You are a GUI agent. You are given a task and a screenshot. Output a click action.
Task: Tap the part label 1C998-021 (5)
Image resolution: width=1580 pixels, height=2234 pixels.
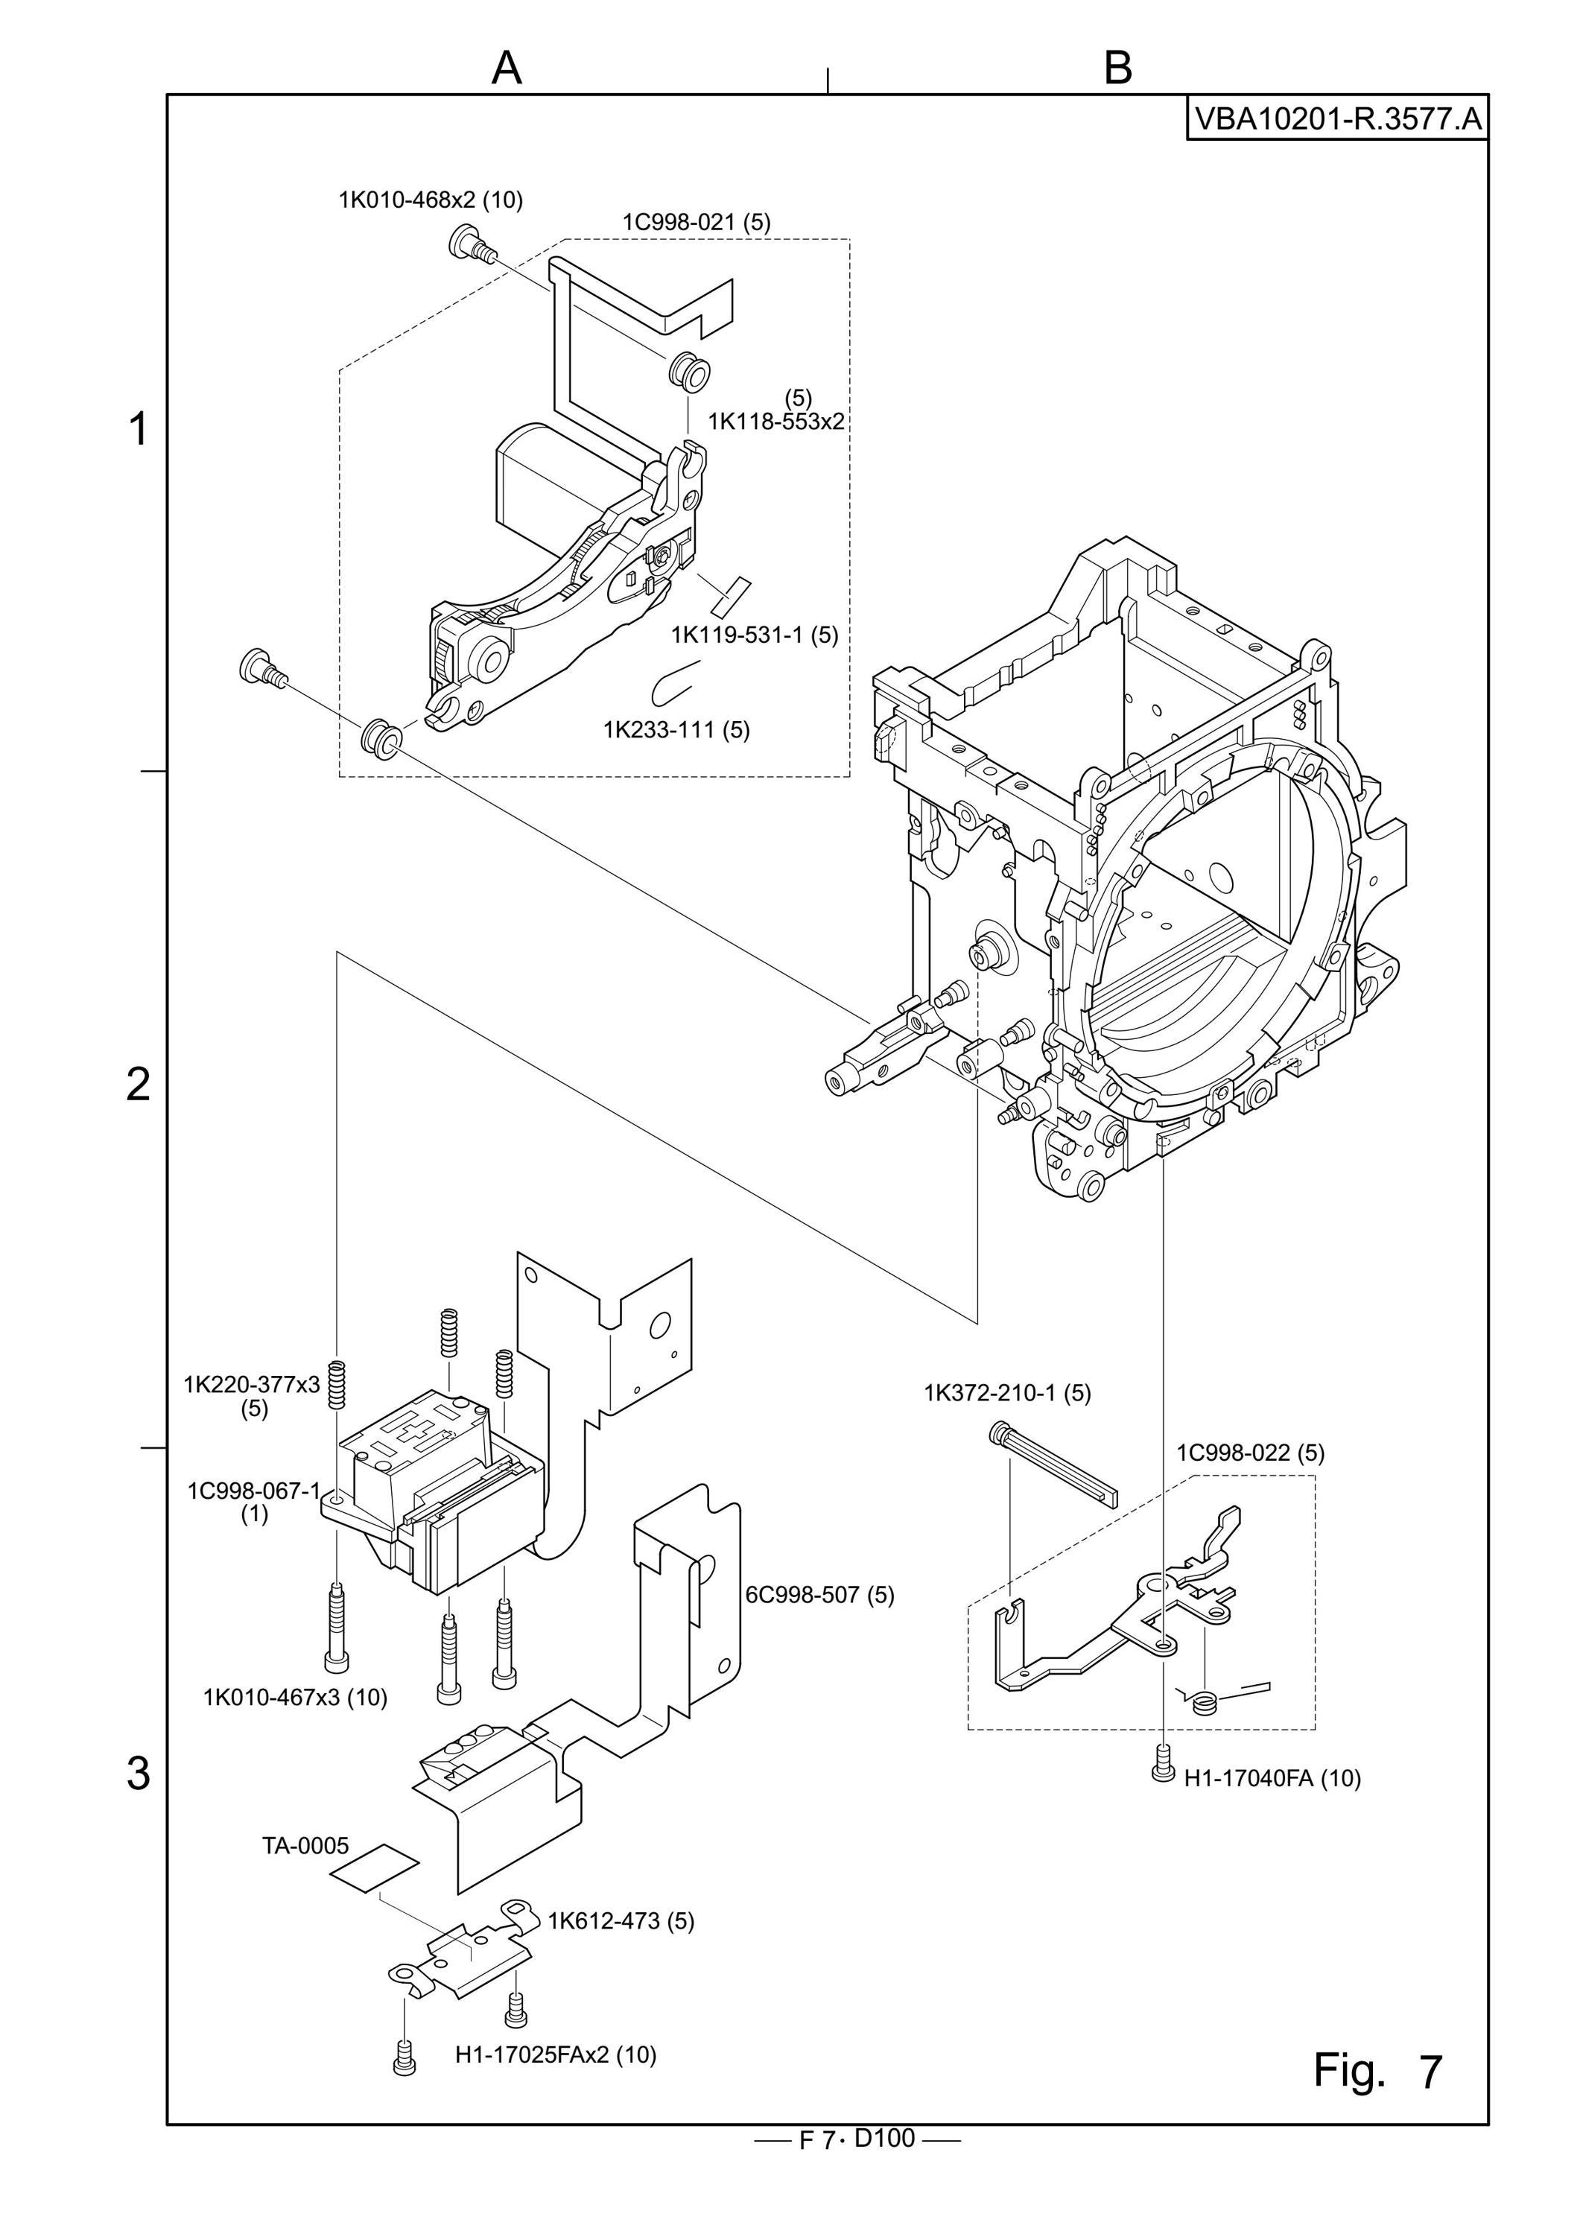tap(697, 222)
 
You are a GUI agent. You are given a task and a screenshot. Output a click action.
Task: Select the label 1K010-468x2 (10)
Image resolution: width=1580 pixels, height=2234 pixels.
tap(430, 200)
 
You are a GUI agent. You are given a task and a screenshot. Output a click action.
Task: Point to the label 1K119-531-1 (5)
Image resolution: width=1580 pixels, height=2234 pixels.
tap(754, 635)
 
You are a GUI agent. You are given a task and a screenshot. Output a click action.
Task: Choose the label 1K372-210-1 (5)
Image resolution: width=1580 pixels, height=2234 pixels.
tap(1007, 1392)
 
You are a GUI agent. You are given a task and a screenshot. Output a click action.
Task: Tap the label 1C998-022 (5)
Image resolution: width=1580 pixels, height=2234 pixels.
tap(1250, 1453)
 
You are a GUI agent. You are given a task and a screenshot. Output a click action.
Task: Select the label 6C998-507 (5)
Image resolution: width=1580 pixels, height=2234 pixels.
tap(819, 1595)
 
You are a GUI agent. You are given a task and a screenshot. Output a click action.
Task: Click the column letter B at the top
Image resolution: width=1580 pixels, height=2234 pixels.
tap(1119, 68)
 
